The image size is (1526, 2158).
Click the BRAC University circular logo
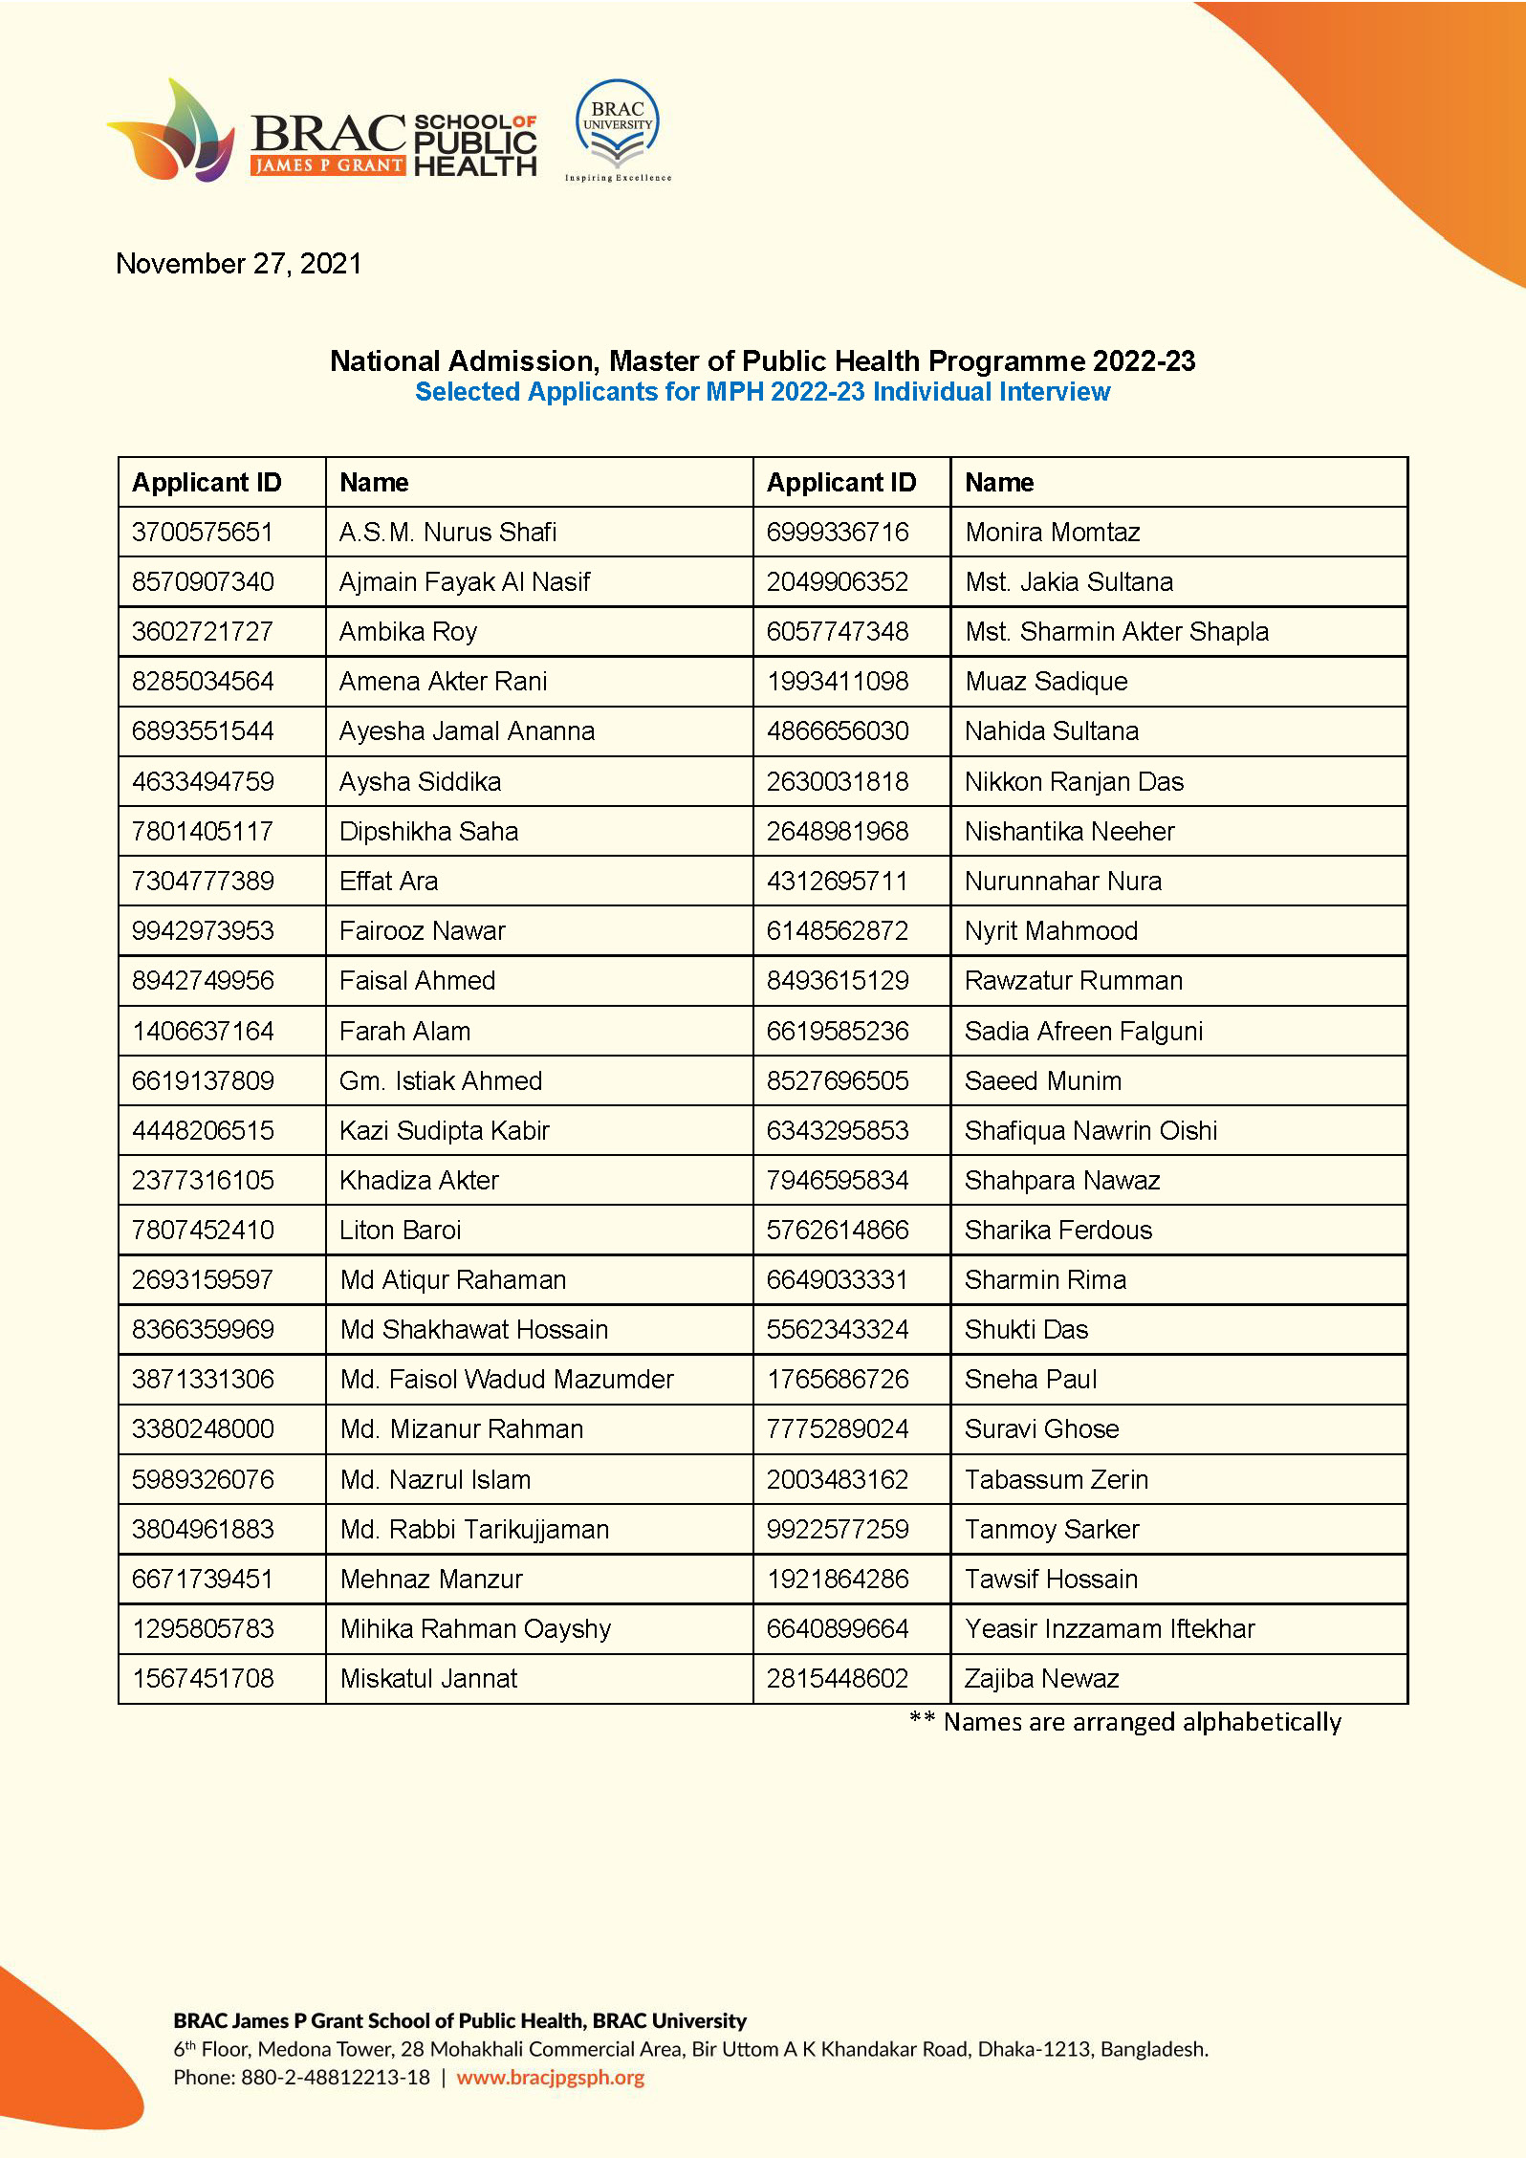(x=618, y=128)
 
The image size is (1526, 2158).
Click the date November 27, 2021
(x=239, y=264)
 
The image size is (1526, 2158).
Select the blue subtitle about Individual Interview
(x=762, y=392)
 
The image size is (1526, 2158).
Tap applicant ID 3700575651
(x=203, y=532)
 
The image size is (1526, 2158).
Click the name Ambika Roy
(x=408, y=632)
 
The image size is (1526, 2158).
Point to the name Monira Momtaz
(x=1052, y=532)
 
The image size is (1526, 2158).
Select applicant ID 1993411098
(x=837, y=682)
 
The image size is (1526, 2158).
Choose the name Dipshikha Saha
(x=428, y=831)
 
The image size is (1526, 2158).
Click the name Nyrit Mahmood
(x=1051, y=931)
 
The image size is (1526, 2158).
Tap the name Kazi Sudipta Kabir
(x=445, y=1130)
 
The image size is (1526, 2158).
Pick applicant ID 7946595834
(x=837, y=1181)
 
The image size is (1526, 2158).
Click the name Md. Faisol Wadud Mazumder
(x=507, y=1380)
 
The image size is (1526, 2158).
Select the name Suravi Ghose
(x=1041, y=1429)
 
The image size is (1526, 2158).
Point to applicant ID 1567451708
(x=203, y=1679)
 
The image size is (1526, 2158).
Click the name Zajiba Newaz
(x=1041, y=1679)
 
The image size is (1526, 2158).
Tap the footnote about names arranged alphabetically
(x=1125, y=1722)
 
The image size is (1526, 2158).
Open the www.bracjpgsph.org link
(x=550, y=2078)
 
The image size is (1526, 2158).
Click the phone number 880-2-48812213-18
(x=336, y=2078)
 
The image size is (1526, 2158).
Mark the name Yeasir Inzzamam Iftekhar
(x=1109, y=1629)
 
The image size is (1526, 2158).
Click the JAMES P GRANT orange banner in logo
(x=328, y=165)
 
